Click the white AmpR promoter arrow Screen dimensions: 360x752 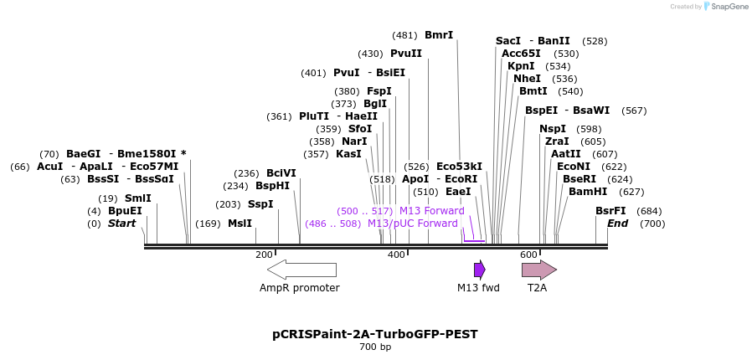click(x=301, y=270)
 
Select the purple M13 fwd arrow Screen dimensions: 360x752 click(x=479, y=270)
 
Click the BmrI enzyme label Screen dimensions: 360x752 click(x=439, y=35)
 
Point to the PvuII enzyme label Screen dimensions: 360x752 click(x=406, y=54)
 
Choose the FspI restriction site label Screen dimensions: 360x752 click(x=379, y=91)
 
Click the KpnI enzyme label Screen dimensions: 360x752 click(x=521, y=66)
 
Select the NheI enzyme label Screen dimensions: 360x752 click(x=527, y=79)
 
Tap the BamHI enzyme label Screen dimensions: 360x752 click(x=582, y=192)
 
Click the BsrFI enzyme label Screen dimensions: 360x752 click(x=610, y=211)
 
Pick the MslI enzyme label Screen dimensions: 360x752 click(x=240, y=224)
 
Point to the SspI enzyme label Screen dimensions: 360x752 click(x=260, y=204)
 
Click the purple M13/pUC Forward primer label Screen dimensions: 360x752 click(x=413, y=224)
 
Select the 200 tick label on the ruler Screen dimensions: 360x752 click(x=264, y=255)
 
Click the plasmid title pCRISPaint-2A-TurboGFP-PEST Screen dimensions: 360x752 click(x=375, y=334)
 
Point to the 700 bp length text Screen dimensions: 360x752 click(x=375, y=347)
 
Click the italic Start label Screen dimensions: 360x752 click(x=121, y=224)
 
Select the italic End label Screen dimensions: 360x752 click(x=617, y=224)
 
